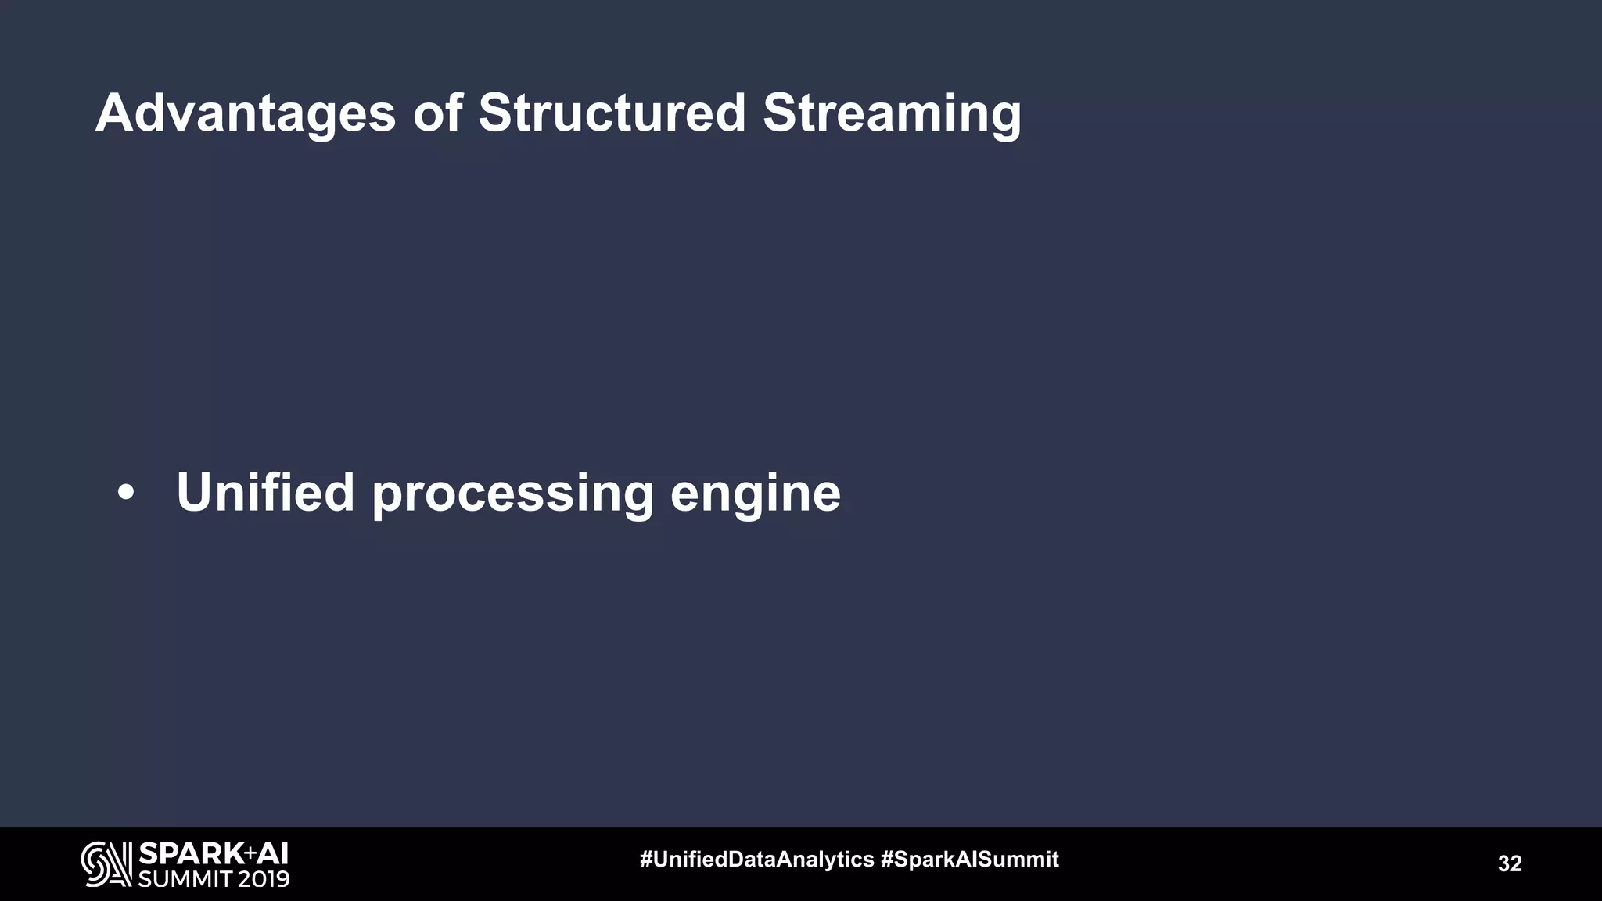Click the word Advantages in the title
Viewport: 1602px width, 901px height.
(246, 114)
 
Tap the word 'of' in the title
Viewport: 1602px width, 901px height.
(437, 113)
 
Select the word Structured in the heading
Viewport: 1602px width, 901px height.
(612, 113)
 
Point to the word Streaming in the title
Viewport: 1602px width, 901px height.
(892, 114)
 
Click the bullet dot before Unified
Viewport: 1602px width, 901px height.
(125, 494)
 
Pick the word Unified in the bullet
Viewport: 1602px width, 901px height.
(265, 493)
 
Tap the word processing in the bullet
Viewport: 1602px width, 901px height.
(512, 494)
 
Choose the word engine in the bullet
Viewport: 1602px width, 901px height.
(755, 494)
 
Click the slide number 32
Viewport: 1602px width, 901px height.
(1510, 863)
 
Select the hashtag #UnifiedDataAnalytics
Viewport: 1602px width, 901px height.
(756, 860)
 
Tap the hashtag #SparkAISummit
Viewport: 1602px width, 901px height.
(970, 860)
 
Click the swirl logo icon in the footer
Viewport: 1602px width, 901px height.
(106, 863)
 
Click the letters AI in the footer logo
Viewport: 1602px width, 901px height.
(273, 853)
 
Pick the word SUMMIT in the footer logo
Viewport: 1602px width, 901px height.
(185, 878)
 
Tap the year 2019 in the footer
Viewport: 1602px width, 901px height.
(264, 878)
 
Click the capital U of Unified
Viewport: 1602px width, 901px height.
(195, 493)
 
